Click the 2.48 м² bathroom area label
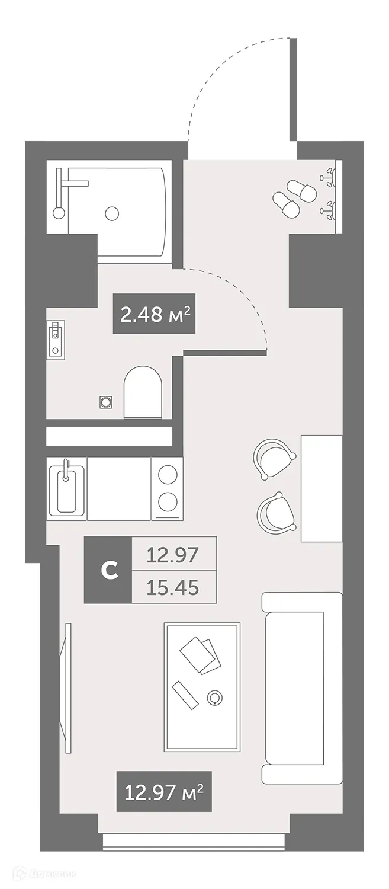[x=154, y=314]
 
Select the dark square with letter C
[x=108, y=570]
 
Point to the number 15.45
[x=173, y=587]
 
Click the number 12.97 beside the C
[x=173, y=555]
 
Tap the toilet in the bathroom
[x=142, y=392]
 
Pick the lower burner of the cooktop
[x=168, y=501]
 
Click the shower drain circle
[x=111, y=212]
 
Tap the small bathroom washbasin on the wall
[x=55, y=339]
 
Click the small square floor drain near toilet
[x=106, y=402]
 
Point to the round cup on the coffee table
[x=214, y=698]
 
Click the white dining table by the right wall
[x=322, y=488]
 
